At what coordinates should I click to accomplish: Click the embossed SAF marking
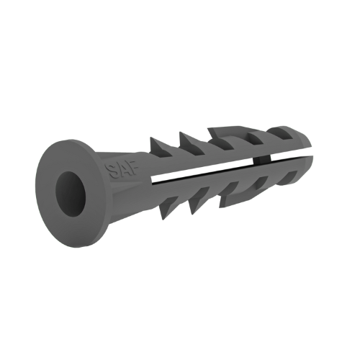[x=120, y=170]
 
